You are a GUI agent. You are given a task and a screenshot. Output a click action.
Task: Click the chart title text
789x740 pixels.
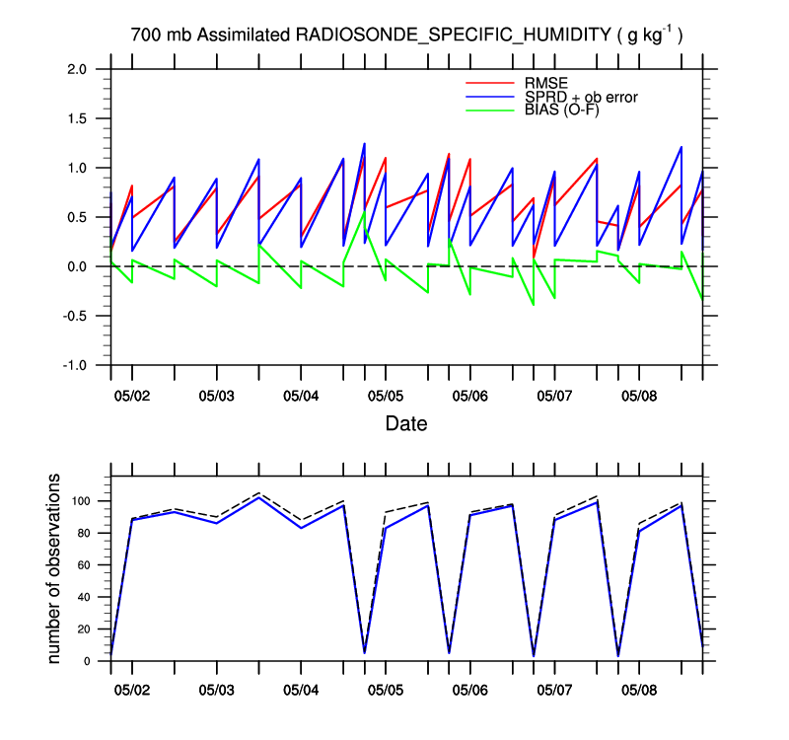pyautogui.click(x=407, y=35)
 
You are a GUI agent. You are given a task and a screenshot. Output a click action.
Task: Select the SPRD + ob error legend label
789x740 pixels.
pyautogui.click(x=582, y=96)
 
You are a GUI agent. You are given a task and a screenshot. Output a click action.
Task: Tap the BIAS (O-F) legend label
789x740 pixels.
pyautogui.click(x=561, y=110)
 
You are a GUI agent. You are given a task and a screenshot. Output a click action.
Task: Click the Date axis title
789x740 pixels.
pyautogui.click(x=406, y=424)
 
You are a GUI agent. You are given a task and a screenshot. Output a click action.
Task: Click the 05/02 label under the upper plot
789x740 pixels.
pyautogui.click(x=131, y=396)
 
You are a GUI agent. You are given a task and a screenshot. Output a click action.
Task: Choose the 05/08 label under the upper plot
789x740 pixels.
pyautogui.click(x=639, y=396)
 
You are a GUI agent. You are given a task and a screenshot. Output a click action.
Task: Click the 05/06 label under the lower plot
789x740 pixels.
pyautogui.click(x=469, y=691)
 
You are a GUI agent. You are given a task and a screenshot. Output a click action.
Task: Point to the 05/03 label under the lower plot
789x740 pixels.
pyautogui.click(x=216, y=691)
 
